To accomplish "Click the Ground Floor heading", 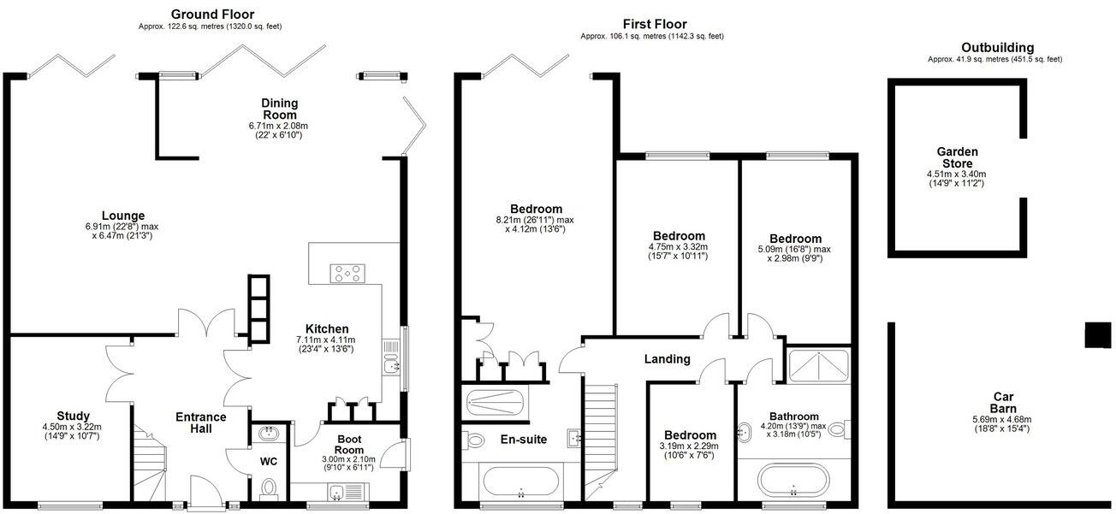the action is click(x=212, y=14).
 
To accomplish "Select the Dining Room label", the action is click(x=279, y=109).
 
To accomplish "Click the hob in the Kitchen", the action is click(x=347, y=274).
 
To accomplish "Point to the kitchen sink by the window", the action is click(x=391, y=365).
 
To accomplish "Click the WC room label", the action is click(x=269, y=461).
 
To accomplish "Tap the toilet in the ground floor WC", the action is click(x=269, y=488).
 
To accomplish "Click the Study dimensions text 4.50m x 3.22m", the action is click(x=72, y=427).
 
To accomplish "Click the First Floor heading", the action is click(x=655, y=24).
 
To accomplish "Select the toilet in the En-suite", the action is click(x=475, y=440).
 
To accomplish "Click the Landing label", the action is click(x=667, y=359).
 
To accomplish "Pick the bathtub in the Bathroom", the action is click(x=793, y=479).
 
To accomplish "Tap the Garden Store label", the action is click(x=957, y=157).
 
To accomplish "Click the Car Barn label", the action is click(x=1005, y=402).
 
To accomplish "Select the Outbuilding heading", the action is click(x=997, y=48).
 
